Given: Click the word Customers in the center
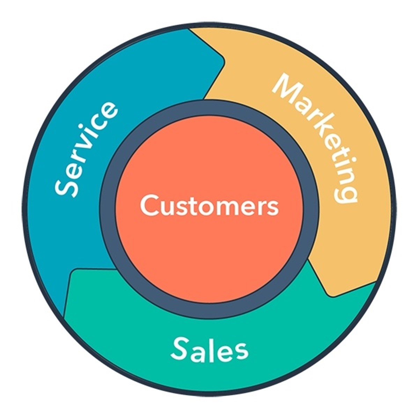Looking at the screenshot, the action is [x=209, y=205].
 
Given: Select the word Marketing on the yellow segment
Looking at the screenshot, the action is [x=315, y=139].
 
